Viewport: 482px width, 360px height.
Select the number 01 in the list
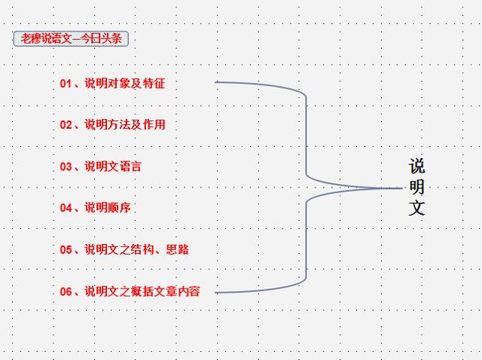[66, 84]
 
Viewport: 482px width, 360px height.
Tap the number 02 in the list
[66, 125]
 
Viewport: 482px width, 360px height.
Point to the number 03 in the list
[66, 166]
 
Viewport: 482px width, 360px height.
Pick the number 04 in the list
[66, 208]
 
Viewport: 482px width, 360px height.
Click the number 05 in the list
[66, 249]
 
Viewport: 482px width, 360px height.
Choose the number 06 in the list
[66, 291]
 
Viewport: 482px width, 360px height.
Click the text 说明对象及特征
[124, 84]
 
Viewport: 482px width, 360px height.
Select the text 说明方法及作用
[124, 125]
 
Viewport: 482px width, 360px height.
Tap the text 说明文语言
[113, 166]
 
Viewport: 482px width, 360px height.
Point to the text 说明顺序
[107, 208]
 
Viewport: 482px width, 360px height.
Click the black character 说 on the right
[417, 166]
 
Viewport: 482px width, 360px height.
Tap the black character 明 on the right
[417, 187]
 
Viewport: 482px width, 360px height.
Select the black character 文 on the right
[417, 208]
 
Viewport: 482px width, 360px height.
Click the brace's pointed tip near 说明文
[400, 188]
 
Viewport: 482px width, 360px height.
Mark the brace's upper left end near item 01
[217, 82]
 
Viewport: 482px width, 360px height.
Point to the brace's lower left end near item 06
[217, 292]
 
